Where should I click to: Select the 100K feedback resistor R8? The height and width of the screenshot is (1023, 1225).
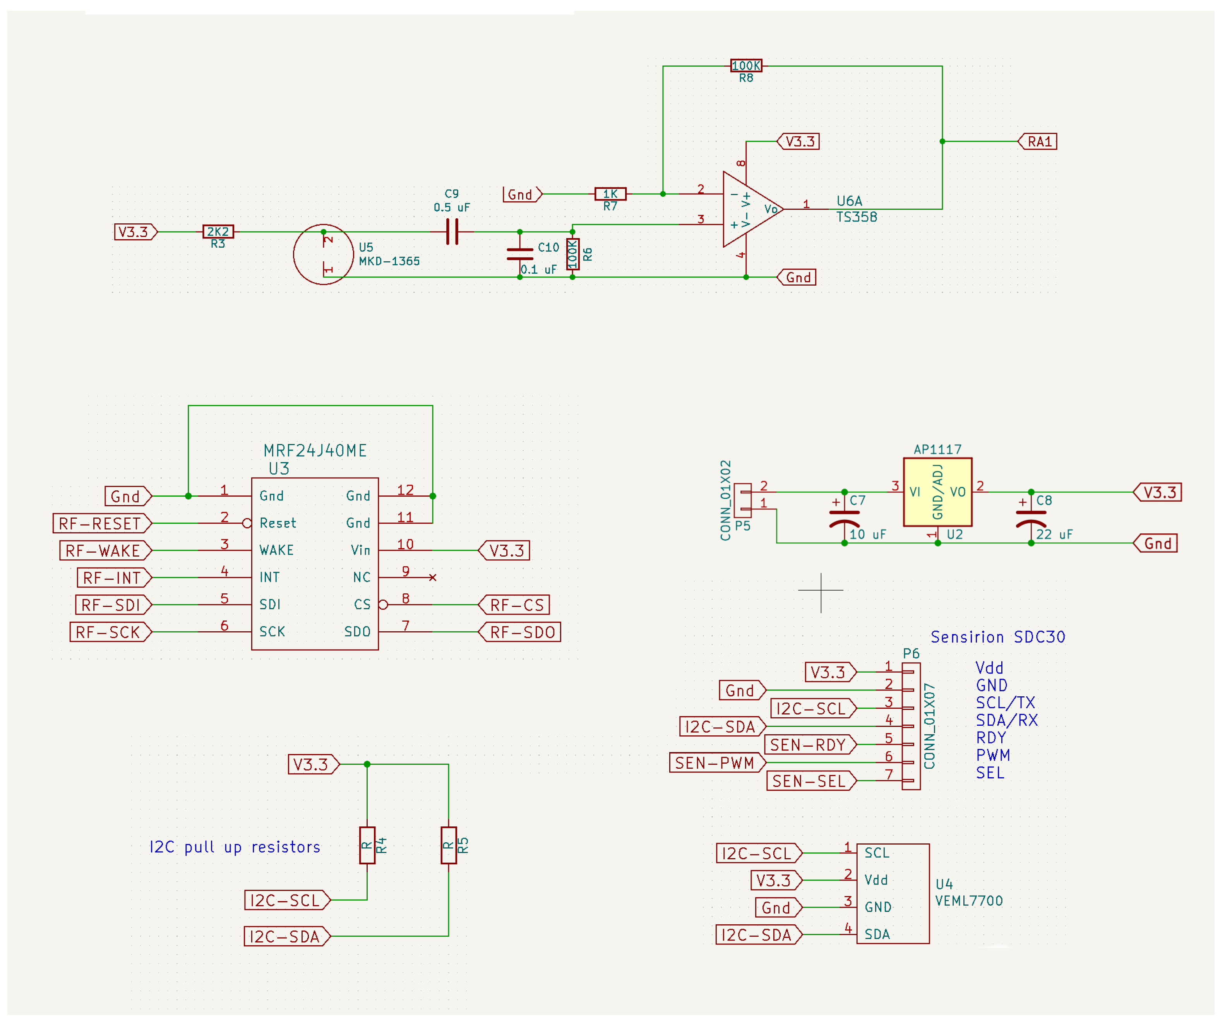click(x=746, y=66)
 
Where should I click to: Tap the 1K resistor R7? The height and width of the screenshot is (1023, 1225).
click(x=610, y=194)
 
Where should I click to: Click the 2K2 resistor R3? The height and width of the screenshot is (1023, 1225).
click(x=218, y=231)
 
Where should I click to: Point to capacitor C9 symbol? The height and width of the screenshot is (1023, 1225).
click(x=452, y=231)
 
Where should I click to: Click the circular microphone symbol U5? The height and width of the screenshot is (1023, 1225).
click(x=323, y=254)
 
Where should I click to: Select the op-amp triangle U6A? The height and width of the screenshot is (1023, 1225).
click(x=750, y=209)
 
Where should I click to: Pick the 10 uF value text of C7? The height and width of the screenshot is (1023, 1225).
click(x=867, y=534)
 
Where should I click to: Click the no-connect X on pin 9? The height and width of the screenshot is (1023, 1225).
click(x=433, y=577)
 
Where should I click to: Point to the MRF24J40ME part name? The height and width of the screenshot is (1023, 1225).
click(x=315, y=451)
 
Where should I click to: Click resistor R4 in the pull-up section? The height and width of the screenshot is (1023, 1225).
click(x=367, y=845)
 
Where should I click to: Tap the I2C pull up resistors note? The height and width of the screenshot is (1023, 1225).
click(x=235, y=847)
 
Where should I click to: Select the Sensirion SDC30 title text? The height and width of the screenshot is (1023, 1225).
click(x=997, y=637)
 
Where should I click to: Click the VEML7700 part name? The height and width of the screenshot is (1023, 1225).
click(x=969, y=901)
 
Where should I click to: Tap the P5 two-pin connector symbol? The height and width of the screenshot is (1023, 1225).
click(x=743, y=500)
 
